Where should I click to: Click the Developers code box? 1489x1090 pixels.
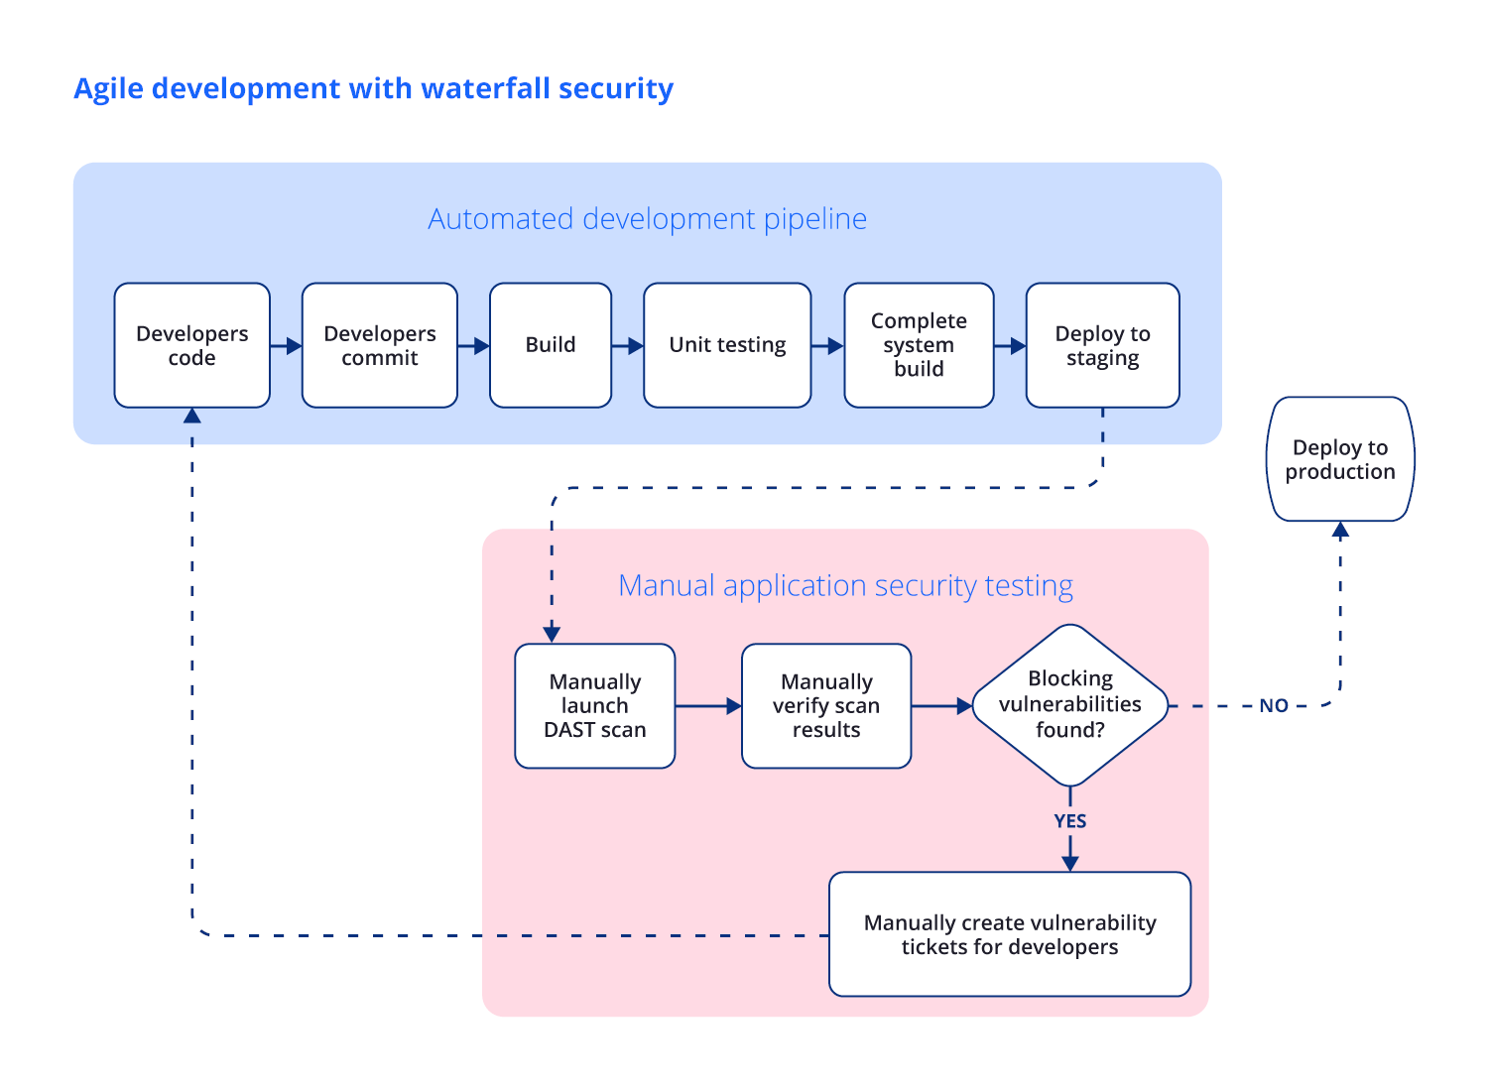click(x=191, y=345)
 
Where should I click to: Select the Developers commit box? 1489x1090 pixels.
click(x=379, y=345)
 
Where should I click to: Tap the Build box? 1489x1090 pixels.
click(x=550, y=345)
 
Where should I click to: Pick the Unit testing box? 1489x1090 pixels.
click(x=727, y=345)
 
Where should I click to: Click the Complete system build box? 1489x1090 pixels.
click(x=919, y=345)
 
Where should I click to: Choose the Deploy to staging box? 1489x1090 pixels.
click(x=1102, y=345)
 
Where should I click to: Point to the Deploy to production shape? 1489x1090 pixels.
click(x=1340, y=459)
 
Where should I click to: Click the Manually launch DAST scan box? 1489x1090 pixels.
click(x=594, y=706)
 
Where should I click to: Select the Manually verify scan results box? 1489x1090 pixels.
click(x=825, y=706)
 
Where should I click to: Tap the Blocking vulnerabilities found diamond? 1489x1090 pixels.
click(x=1069, y=705)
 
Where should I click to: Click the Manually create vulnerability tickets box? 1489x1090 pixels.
click(x=1009, y=934)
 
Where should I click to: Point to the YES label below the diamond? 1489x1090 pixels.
click(x=1069, y=821)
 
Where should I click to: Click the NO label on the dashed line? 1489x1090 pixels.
click(x=1273, y=706)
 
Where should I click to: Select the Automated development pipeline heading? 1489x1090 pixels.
click(x=647, y=218)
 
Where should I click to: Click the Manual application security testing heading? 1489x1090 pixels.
click(x=845, y=585)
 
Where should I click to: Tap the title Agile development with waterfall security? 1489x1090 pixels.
click(x=373, y=88)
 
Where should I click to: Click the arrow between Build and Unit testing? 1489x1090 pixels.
click(x=627, y=346)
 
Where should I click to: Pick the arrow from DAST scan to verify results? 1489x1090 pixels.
click(x=708, y=706)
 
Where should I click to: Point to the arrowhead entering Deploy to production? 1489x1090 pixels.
click(x=1340, y=531)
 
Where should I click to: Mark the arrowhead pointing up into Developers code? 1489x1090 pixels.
click(x=192, y=416)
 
